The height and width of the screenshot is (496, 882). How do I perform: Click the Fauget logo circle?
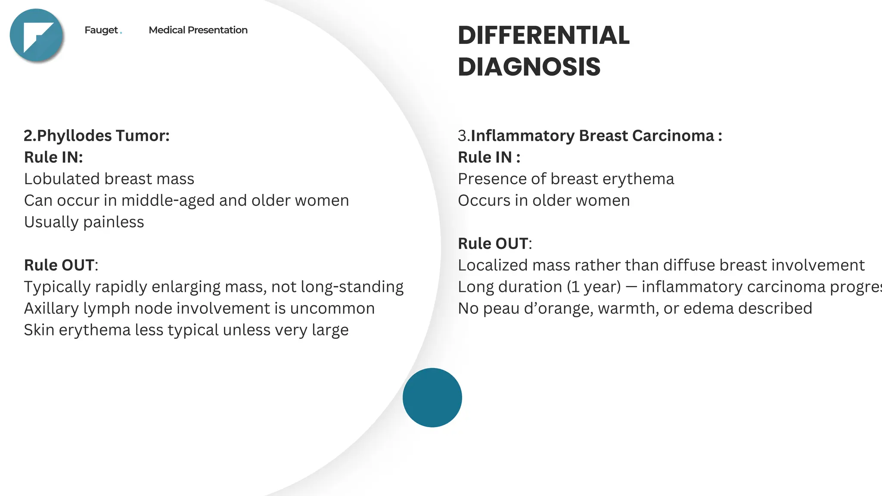tap(37, 35)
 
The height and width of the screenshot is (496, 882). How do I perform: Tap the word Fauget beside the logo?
tap(101, 30)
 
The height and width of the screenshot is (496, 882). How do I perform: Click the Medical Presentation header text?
tap(198, 30)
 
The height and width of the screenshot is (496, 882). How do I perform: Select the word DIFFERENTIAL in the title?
tap(543, 35)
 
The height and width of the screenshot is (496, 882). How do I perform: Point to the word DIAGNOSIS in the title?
tap(529, 67)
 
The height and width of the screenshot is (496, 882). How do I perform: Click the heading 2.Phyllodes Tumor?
tap(97, 136)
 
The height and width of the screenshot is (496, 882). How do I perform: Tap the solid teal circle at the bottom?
tap(432, 397)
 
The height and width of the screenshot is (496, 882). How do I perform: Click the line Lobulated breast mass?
tap(109, 179)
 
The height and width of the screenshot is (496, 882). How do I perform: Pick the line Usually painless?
tap(84, 222)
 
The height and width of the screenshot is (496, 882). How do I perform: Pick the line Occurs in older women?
tap(543, 201)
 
